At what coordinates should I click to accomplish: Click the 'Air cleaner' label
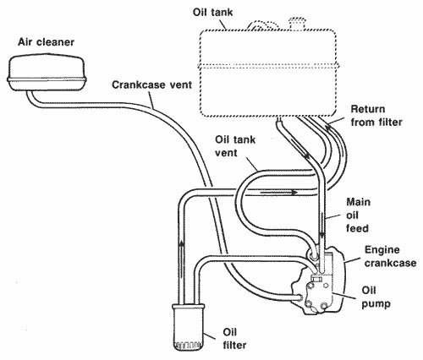[x=46, y=42]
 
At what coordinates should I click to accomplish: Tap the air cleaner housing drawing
[x=46, y=74]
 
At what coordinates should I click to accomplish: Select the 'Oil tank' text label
[x=212, y=13]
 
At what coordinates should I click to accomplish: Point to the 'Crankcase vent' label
[x=151, y=85]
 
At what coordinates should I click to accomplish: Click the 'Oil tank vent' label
[x=235, y=146]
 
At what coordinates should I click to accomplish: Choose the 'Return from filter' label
[x=376, y=116]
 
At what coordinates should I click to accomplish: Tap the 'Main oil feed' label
[x=358, y=215]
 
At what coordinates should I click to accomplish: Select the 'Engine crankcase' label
[x=390, y=256]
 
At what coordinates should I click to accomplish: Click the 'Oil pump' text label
[x=376, y=297]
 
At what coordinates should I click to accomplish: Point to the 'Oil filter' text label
[x=234, y=339]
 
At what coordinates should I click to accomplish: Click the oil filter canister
[x=189, y=328]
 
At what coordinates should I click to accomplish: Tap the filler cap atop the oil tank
[x=297, y=23]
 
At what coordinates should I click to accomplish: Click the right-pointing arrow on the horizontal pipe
[x=278, y=193]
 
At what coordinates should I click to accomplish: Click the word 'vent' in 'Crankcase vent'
[x=179, y=85]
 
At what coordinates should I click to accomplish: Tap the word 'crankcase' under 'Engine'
[x=390, y=263]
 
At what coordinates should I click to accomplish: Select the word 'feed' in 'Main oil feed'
[x=357, y=228]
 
